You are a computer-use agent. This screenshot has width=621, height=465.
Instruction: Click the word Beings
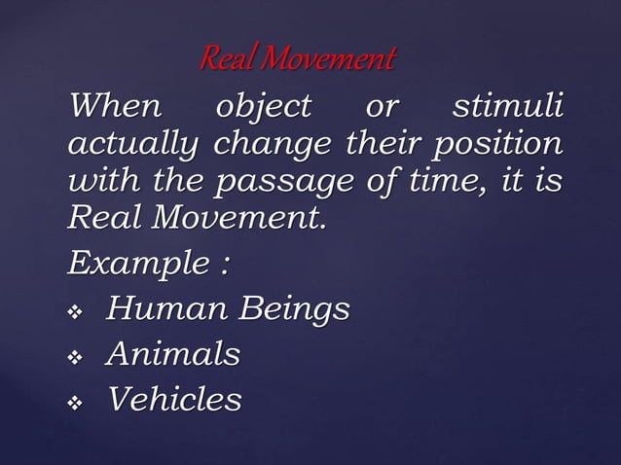294,311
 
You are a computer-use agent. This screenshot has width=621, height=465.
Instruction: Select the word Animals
173,353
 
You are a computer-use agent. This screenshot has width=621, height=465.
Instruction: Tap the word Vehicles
174,398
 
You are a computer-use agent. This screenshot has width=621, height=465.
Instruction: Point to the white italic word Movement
237,220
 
